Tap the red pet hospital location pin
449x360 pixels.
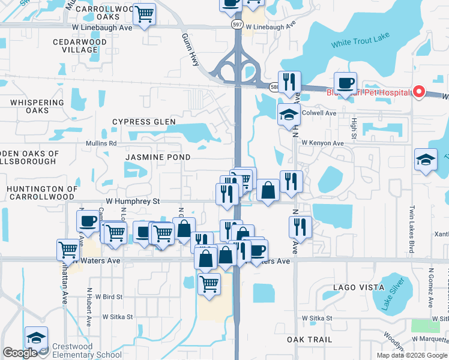point(419,92)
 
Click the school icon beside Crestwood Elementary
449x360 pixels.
point(36,339)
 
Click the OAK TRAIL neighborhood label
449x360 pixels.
point(309,340)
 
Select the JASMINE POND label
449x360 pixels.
point(158,157)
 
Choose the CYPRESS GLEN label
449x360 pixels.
point(144,122)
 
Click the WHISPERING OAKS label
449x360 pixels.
point(37,107)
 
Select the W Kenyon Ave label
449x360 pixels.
point(322,143)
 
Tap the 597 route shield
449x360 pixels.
point(237,23)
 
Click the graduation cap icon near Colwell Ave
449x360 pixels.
point(289,115)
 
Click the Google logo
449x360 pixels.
point(20,353)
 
